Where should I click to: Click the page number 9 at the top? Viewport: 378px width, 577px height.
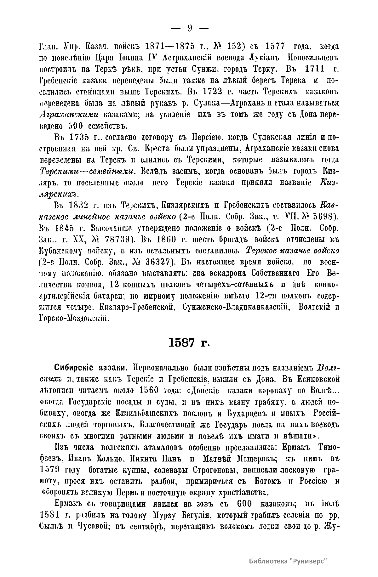pos(189,29)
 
